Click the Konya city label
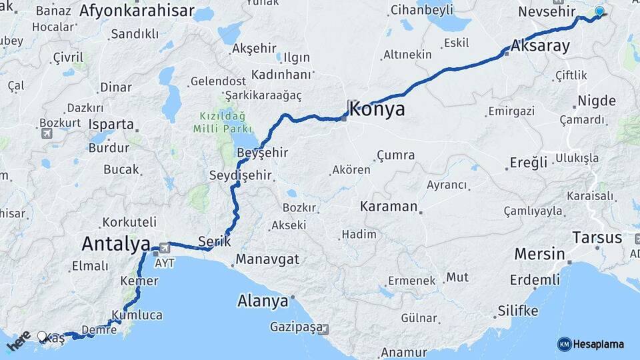377,109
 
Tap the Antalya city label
115,244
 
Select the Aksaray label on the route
541,47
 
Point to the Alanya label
263,301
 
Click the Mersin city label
539,254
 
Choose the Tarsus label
597,237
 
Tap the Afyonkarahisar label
137,11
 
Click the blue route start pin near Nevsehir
599,12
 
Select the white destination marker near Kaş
42,337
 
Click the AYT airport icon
155,251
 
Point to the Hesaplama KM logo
591,344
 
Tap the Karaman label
389,206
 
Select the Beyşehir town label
263,153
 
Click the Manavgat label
267,259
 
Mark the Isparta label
111,124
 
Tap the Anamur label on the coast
403,353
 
